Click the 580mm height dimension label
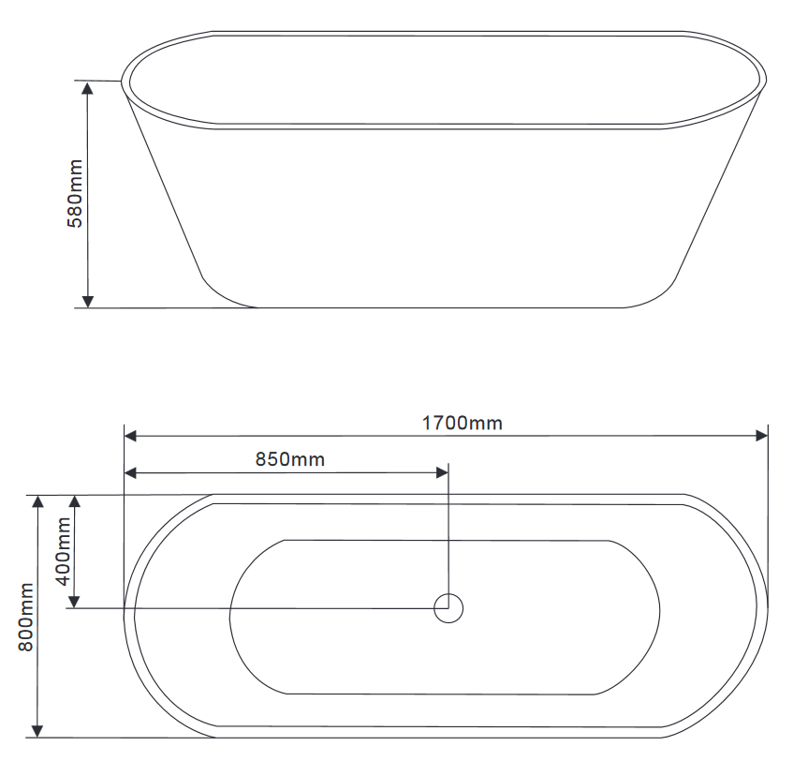75,193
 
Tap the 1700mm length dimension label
463,424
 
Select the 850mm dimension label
290,459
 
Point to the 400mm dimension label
63,551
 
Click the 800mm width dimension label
26,617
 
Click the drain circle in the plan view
448,608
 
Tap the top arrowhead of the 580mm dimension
88,87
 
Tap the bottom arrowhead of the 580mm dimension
88,302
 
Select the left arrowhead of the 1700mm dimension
131,436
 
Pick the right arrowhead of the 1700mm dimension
761,436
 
